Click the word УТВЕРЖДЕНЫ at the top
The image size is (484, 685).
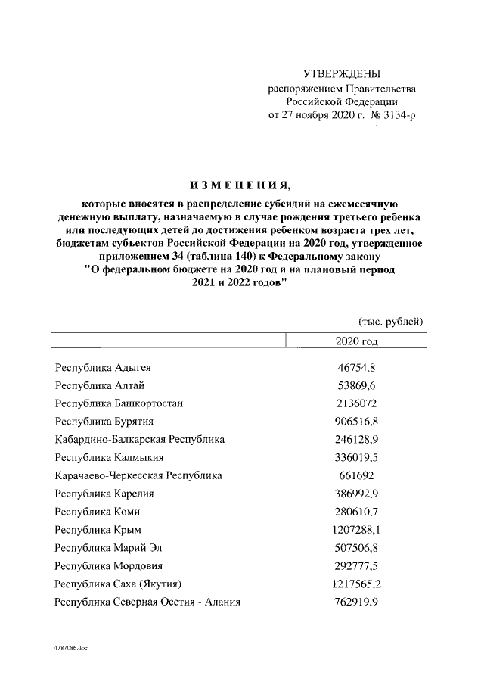click(341, 73)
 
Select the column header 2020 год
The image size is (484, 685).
click(355, 341)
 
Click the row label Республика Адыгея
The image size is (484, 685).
click(104, 368)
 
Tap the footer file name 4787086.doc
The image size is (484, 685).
click(71, 649)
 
